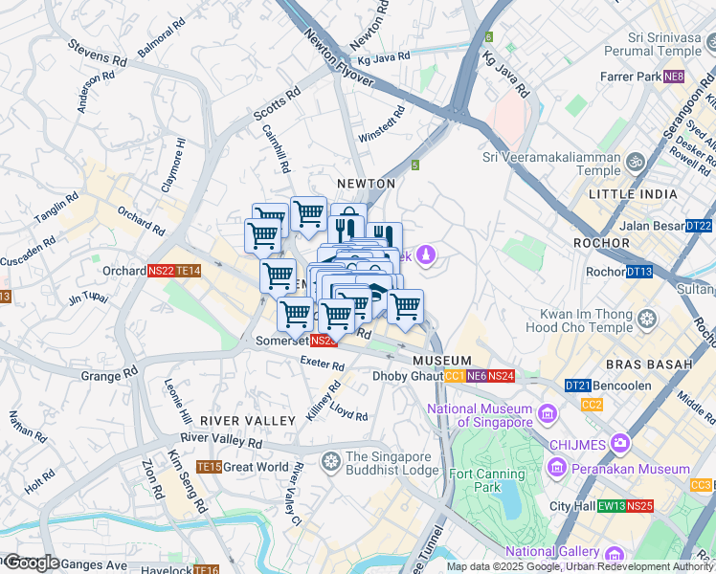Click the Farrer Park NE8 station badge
point(674,77)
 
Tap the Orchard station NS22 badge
point(161,271)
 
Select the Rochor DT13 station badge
point(639,272)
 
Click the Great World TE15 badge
point(209,467)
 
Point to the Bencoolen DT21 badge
point(577,386)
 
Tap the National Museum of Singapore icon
point(547,413)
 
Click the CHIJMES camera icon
point(620,443)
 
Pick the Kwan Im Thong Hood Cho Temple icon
point(648,319)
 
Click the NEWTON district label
point(366,183)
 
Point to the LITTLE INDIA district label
point(633,194)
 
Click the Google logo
point(31,563)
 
